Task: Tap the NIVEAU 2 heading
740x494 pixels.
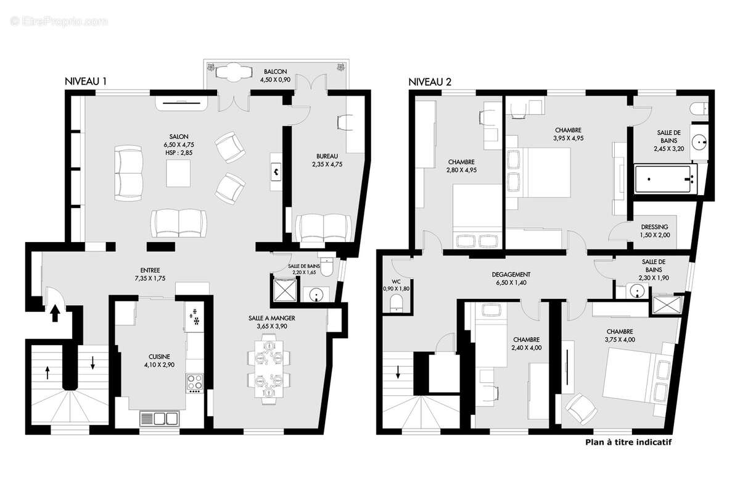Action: pos(430,82)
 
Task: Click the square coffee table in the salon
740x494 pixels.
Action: pos(178,173)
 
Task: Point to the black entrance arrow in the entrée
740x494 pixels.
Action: pos(55,313)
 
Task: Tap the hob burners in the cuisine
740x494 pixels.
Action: pos(195,383)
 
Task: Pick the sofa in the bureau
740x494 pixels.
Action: pos(324,228)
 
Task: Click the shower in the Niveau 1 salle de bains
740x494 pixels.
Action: pos(285,288)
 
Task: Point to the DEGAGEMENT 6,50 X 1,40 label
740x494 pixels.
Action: pos(511,278)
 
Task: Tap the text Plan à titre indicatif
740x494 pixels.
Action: pos(627,442)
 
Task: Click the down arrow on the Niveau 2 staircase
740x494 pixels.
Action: pos(398,372)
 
